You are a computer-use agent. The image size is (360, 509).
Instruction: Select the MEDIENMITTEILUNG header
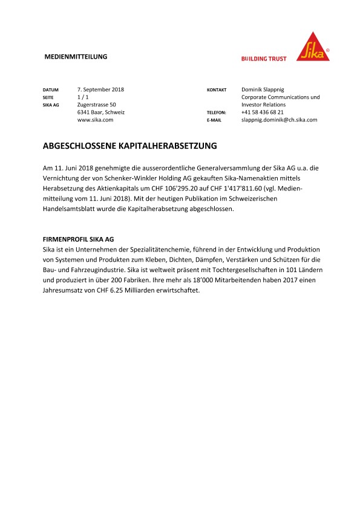point(76,57)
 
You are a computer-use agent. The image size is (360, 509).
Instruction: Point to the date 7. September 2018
point(100,89)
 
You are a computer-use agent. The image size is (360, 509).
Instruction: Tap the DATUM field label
point(50,89)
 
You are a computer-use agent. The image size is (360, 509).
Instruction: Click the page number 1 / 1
point(83,97)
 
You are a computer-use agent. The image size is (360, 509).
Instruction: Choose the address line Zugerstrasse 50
point(97,105)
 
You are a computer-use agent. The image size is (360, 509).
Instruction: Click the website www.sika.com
point(96,120)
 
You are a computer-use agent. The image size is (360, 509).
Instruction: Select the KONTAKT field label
point(217,89)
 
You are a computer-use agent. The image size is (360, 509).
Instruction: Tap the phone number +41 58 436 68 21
point(262,112)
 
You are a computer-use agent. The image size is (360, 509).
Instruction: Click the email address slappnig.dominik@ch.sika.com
point(279,120)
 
